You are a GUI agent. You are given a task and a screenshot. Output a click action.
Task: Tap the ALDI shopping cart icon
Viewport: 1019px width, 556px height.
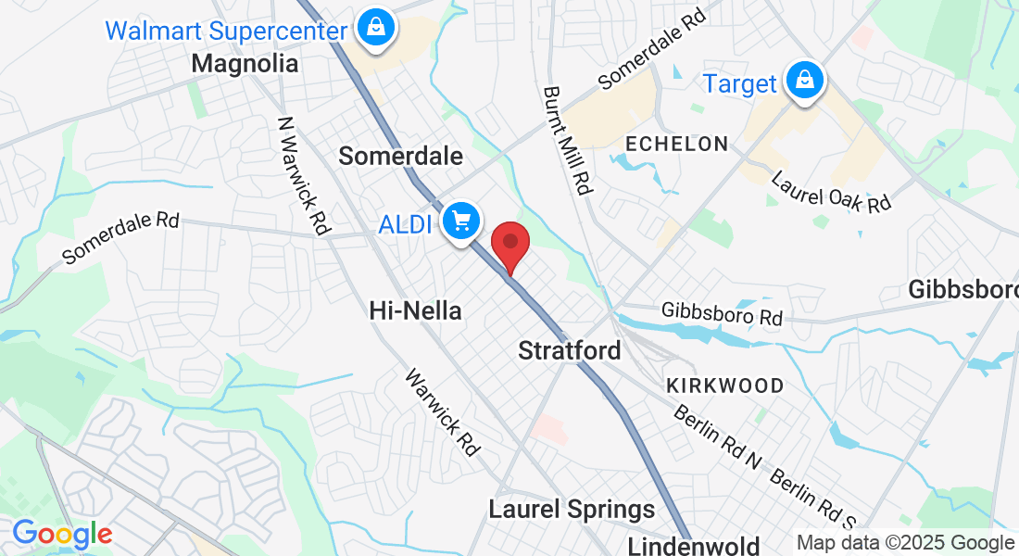(460, 221)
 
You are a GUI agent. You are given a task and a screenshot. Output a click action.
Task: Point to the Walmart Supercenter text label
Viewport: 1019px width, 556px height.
(225, 29)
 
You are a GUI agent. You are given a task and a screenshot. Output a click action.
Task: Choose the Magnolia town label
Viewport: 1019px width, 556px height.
(245, 64)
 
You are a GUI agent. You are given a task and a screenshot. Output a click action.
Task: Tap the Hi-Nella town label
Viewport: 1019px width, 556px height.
(415, 310)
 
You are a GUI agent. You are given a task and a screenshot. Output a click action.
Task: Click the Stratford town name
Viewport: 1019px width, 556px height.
(570, 351)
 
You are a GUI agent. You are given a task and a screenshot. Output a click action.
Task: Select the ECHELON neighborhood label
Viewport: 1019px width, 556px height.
(676, 144)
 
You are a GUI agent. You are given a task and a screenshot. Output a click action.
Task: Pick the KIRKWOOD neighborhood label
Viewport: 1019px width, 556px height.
(724, 385)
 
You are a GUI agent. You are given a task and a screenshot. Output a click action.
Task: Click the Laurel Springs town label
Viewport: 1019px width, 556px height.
(572, 509)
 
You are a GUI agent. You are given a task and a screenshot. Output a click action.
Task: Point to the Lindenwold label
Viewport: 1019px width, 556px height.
(694, 546)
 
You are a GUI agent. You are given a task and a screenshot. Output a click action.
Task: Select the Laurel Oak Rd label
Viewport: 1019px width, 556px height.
(830, 190)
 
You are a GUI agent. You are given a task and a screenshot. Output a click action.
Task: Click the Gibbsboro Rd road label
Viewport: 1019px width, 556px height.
(722, 314)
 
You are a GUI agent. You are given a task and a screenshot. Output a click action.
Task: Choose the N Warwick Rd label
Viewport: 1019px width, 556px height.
(305, 174)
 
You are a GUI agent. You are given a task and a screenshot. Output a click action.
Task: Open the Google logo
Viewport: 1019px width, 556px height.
(62, 535)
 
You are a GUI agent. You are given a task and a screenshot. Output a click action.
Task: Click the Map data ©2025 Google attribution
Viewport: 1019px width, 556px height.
(905, 543)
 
